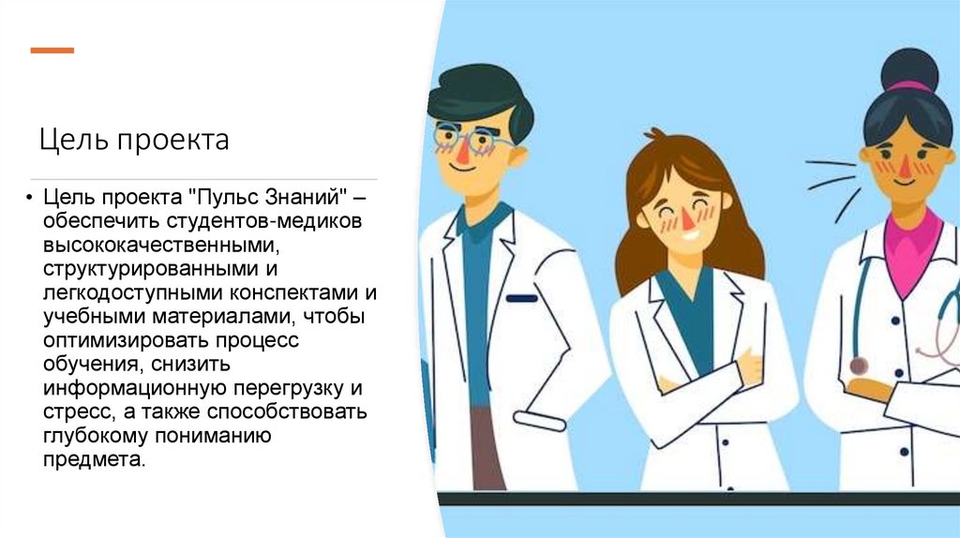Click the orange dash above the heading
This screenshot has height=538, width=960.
[x=52, y=50]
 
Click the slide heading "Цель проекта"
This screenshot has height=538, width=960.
[x=134, y=141]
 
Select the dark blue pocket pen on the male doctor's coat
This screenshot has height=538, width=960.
[x=521, y=298]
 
